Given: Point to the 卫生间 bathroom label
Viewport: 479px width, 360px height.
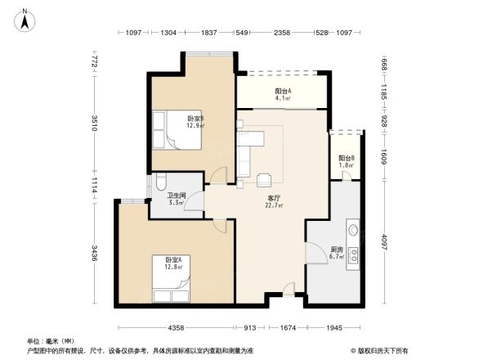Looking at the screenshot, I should (x=176, y=200).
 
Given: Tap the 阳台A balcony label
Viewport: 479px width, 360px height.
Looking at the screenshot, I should (x=284, y=94).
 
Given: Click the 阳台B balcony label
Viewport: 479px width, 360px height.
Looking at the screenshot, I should (x=347, y=161).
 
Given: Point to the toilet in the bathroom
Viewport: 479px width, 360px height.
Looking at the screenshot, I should (x=159, y=184).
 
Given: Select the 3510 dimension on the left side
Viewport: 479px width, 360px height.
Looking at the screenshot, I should (x=94, y=124).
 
